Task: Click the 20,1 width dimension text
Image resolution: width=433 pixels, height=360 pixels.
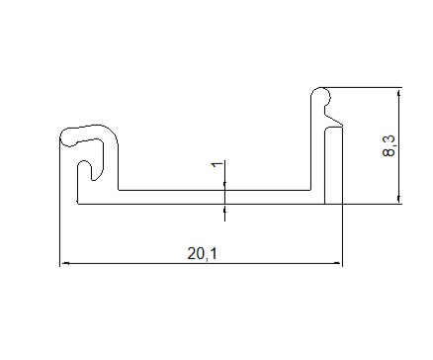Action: (x=203, y=254)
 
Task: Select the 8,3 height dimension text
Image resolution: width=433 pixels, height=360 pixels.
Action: (x=389, y=145)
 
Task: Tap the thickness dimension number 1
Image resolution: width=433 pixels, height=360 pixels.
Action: (x=217, y=164)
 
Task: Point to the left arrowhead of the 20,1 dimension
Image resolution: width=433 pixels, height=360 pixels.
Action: (x=65, y=263)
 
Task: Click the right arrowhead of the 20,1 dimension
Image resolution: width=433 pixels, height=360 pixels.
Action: (x=338, y=263)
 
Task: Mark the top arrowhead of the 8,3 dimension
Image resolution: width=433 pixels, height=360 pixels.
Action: (x=398, y=93)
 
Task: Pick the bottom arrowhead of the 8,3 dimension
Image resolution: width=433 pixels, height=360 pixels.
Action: (x=398, y=199)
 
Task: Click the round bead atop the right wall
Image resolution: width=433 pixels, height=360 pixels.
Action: (x=321, y=96)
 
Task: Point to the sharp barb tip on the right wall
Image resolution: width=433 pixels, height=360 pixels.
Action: (x=342, y=126)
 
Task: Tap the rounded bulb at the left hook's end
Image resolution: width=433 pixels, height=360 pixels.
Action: (x=68, y=137)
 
